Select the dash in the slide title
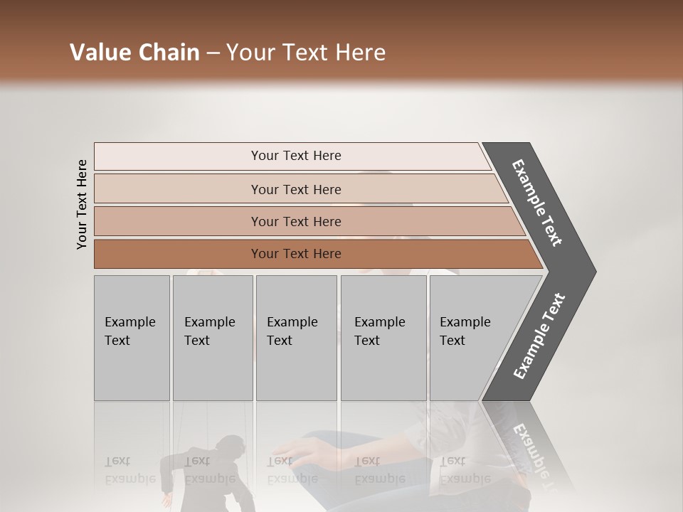click(213, 53)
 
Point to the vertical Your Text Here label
click(82, 205)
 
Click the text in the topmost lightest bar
click(296, 156)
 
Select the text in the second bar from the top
click(296, 190)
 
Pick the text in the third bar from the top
click(296, 222)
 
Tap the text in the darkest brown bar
click(296, 254)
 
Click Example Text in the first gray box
click(129, 331)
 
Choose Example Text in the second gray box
click(209, 331)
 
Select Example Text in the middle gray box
click(292, 331)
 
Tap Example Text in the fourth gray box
click(379, 331)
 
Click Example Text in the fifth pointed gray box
click(465, 331)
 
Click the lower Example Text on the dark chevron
click(539, 336)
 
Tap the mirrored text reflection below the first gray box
click(129, 470)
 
